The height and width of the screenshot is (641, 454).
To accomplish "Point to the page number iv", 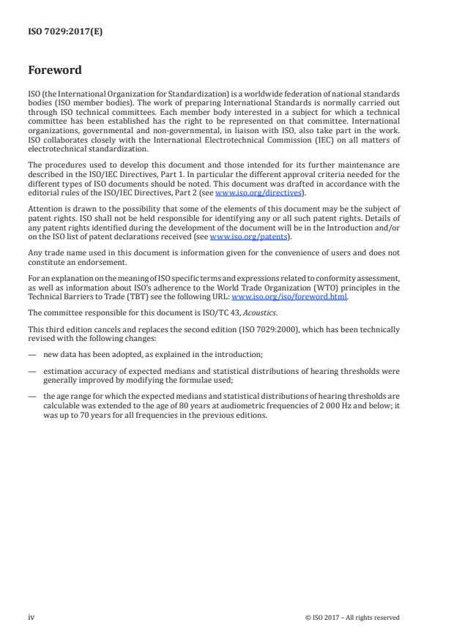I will click(x=31, y=617).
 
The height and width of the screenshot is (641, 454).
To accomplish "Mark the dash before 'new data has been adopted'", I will click(x=32, y=354).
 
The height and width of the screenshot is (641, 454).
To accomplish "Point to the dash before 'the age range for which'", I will click(x=32, y=395).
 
